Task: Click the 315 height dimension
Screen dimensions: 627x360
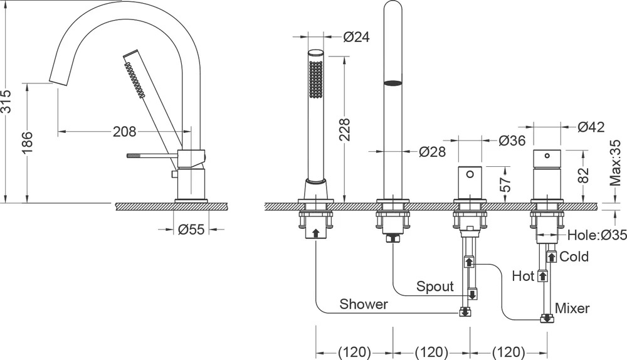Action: (x=7, y=101)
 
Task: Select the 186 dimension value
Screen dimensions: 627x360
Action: (x=27, y=142)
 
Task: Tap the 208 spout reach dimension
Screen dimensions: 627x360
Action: (x=124, y=131)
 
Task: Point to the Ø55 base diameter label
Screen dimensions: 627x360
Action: (x=191, y=230)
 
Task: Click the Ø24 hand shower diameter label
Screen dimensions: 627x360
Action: (x=357, y=37)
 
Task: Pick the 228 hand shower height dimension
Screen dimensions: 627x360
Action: (x=344, y=129)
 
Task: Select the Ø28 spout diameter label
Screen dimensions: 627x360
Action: (x=432, y=152)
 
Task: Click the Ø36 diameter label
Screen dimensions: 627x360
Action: (x=512, y=140)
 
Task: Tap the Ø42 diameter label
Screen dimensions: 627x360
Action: (x=591, y=127)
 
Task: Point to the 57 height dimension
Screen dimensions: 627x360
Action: (x=506, y=184)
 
